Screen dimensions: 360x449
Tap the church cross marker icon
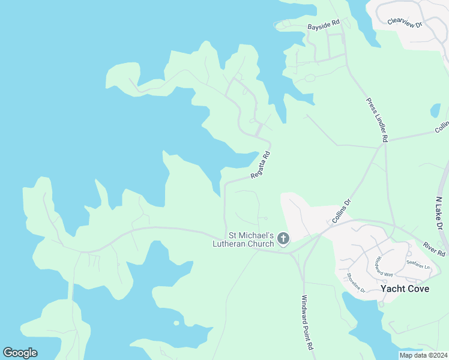[284, 239]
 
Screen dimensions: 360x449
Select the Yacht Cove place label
[405, 289]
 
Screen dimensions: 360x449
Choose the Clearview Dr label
[405, 22]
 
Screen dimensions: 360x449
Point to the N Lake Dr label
[440, 212]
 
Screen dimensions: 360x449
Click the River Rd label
[433, 250]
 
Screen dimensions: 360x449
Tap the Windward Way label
[384, 266]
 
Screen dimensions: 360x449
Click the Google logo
[20, 353]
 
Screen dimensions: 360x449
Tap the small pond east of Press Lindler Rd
[435, 111]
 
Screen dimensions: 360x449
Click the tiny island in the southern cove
[176, 323]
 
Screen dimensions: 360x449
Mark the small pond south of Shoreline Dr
[381, 304]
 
